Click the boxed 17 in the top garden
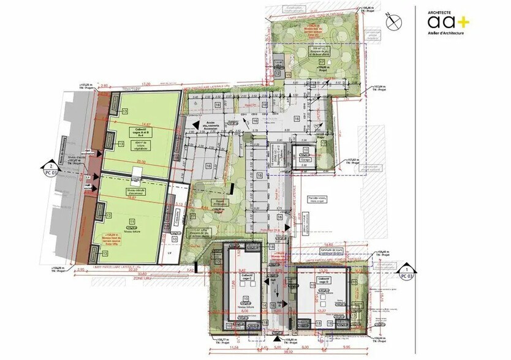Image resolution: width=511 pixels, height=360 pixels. pos(321,63)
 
